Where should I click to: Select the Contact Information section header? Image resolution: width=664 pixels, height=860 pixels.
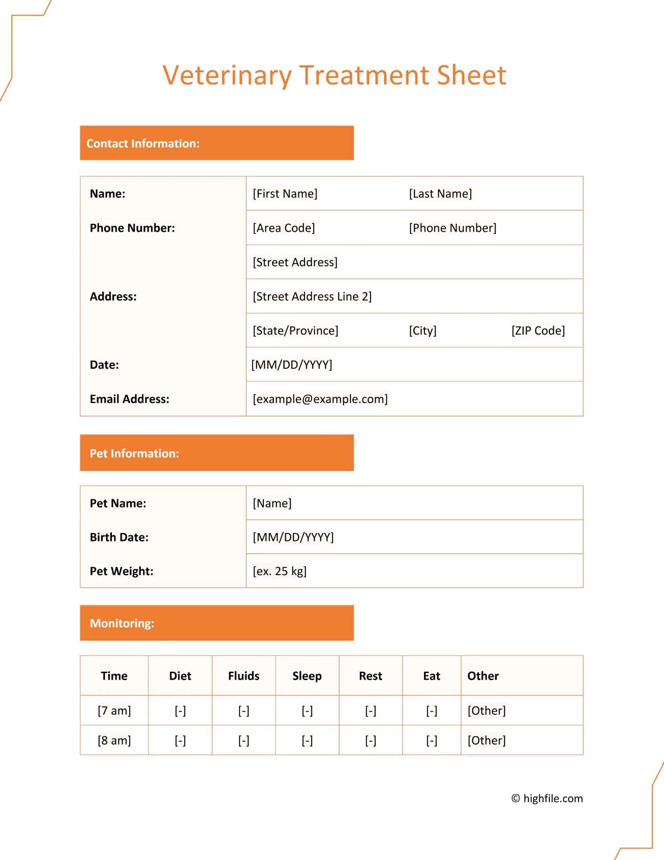coord(143,144)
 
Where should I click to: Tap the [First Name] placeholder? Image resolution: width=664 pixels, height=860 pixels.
coord(285,194)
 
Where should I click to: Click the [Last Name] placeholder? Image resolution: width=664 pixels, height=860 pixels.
coord(440,194)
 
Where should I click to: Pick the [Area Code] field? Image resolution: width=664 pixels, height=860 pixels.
coord(284,228)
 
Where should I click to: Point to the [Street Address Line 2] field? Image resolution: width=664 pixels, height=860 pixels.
coord(312,296)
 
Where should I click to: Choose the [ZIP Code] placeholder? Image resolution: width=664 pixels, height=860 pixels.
coord(538,331)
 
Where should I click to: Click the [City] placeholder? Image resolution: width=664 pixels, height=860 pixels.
coord(423,331)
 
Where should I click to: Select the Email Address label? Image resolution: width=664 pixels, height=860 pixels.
coord(130,399)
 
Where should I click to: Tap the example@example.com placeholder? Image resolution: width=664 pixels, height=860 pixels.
coord(320,399)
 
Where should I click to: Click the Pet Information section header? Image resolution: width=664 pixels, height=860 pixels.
coord(135,453)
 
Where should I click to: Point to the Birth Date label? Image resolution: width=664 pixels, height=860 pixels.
coord(119,537)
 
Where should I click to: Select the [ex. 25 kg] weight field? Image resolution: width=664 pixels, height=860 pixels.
coord(280,571)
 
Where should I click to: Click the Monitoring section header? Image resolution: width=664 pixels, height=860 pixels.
coord(122,623)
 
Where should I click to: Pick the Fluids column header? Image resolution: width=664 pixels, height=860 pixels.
coord(244,676)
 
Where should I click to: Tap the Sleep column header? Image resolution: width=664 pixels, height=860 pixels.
coord(307,676)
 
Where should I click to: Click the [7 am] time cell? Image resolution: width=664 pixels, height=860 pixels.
coord(114,711)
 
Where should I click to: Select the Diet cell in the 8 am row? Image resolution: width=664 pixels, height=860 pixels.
coord(180,740)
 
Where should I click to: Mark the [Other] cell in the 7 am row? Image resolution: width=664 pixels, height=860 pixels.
coord(486,711)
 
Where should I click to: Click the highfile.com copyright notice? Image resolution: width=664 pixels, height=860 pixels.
coord(547,798)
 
